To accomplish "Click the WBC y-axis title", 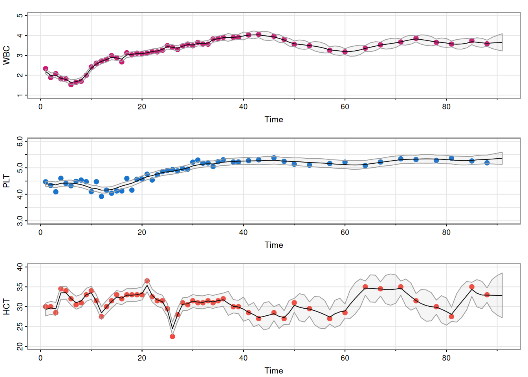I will (7, 55).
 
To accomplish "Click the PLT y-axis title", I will (7, 181).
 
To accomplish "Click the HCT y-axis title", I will (7, 307).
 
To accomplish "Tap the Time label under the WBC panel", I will (274, 119).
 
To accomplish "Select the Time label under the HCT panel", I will (274, 371).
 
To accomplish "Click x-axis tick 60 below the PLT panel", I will (345, 232).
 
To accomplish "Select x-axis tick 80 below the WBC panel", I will (446, 107).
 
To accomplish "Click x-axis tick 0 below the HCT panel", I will (40, 358).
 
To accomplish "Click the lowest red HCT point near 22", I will (172, 337).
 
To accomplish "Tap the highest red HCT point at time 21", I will (147, 281).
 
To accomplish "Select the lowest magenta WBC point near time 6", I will (71, 84).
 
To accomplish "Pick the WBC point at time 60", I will (345, 52).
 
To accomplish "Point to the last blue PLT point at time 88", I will (487, 163).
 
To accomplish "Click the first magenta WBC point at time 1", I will (46, 69).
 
